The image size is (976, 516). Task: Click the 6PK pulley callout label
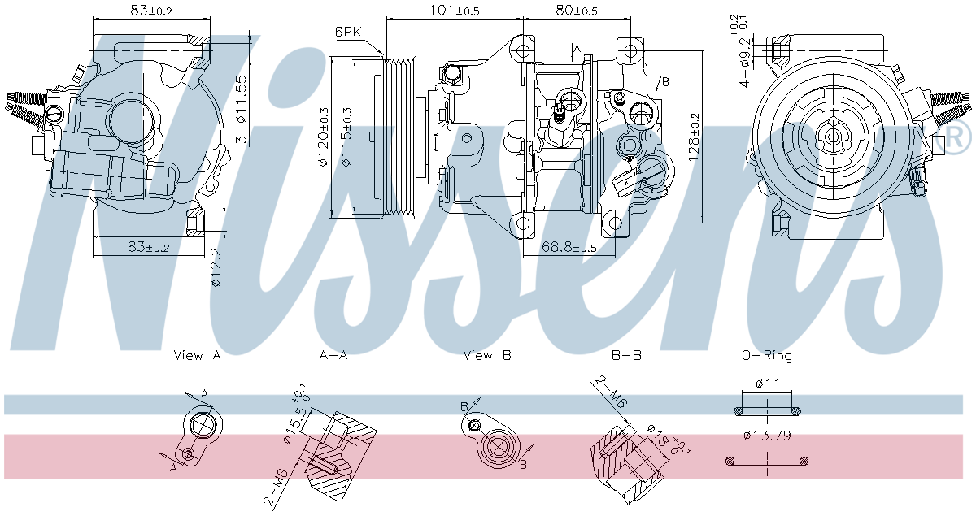(347, 32)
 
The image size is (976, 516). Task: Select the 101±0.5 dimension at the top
(455, 11)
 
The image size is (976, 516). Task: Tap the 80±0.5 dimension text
(577, 11)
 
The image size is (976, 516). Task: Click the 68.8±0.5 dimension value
(569, 247)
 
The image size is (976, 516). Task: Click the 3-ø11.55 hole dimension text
(241, 109)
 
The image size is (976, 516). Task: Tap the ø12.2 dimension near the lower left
(216, 268)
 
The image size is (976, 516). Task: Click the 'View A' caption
(197, 355)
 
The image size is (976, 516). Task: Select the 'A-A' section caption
(333, 355)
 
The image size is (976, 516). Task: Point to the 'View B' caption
(487, 355)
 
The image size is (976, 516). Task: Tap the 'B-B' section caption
(626, 355)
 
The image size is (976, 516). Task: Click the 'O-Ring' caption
(766, 355)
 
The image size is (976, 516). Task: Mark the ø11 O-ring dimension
(768, 383)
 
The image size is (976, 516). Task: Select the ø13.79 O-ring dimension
(767, 435)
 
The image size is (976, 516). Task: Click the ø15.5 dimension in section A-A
(296, 422)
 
